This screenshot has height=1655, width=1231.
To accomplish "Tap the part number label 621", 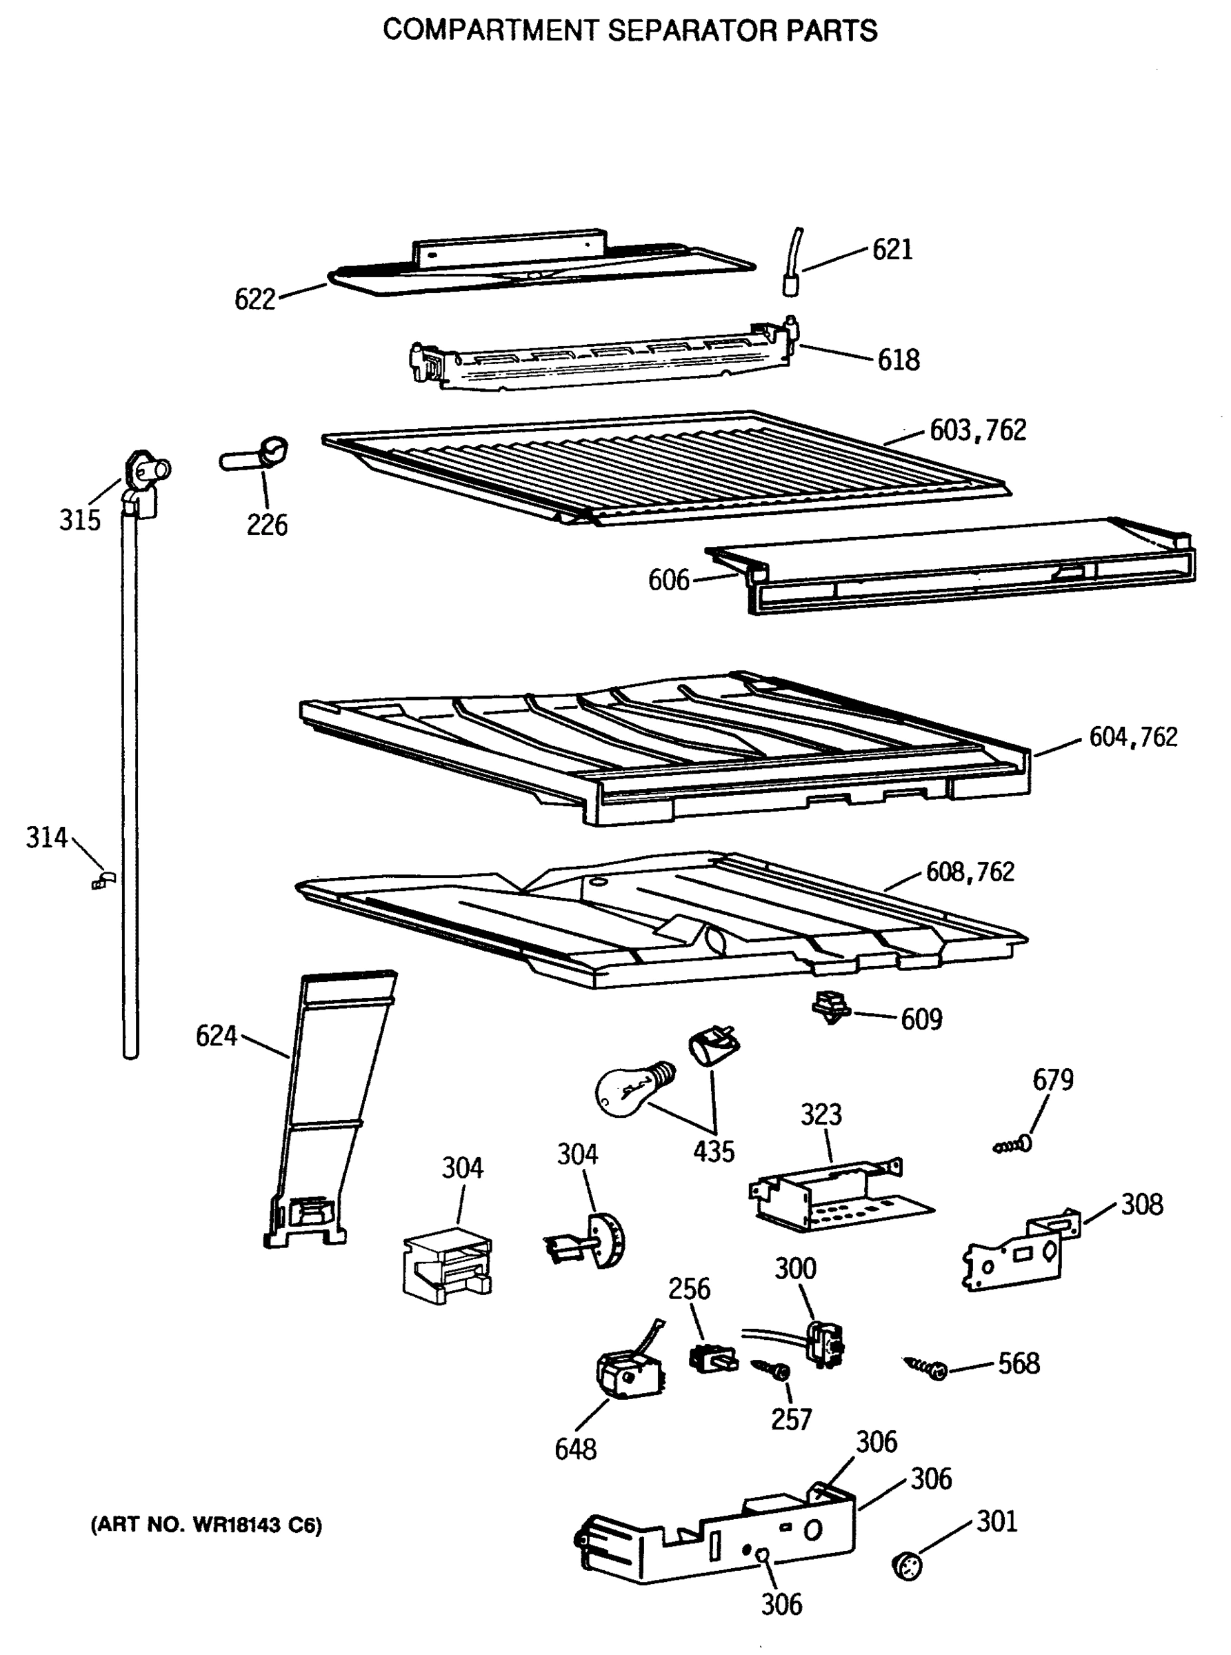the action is [x=892, y=250].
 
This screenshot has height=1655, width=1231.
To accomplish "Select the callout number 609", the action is [x=921, y=1019].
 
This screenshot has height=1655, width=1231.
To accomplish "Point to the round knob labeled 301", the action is [x=907, y=1565].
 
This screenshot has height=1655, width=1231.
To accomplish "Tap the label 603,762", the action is [x=978, y=430].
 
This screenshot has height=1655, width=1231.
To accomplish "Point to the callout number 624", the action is [x=216, y=1036].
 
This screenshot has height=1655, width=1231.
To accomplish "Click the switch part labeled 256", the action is [x=712, y=1358].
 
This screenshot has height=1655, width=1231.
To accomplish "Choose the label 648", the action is [x=575, y=1450].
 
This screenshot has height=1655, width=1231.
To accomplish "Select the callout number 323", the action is [x=821, y=1115].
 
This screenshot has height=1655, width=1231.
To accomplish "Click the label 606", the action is [x=668, y=580].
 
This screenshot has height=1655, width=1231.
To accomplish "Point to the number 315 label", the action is [x=80, y=520].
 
